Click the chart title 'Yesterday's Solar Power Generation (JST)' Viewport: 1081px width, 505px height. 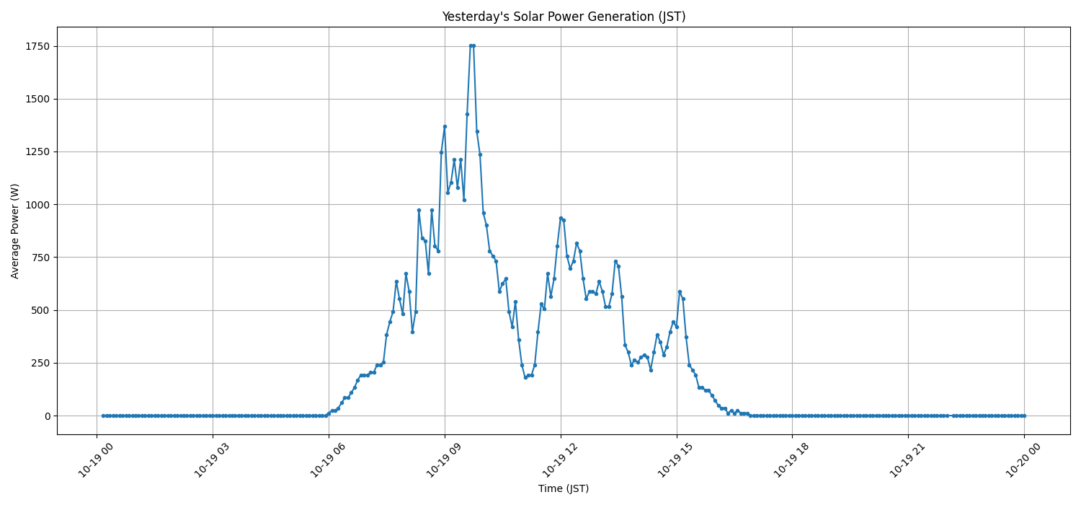point(564,17)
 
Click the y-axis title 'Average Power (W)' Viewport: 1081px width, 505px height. point(15,231)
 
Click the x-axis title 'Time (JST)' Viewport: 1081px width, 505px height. point(564,488)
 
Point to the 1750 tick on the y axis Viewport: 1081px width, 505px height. point(37,46)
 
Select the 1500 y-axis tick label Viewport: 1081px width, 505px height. point(37,99)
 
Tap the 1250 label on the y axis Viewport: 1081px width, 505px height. point(37,152)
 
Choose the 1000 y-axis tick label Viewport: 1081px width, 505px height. point(37,205)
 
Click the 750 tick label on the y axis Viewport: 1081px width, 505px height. point(40,258)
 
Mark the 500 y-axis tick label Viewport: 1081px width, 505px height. point(40,310)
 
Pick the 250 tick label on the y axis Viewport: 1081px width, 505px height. point(40,363)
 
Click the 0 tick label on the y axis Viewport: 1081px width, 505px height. point(47,416)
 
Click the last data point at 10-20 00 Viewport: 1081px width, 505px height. point(1024,416)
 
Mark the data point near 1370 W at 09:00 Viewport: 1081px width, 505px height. point(445,126)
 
